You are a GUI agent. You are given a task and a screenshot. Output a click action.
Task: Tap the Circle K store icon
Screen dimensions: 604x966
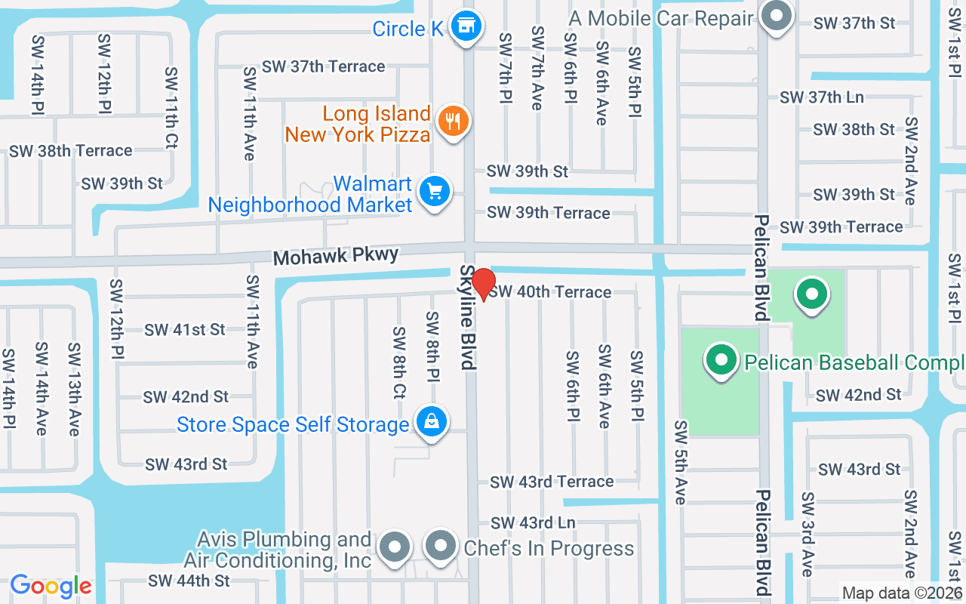467,26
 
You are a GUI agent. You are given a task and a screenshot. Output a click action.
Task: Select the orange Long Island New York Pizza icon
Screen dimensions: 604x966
453,121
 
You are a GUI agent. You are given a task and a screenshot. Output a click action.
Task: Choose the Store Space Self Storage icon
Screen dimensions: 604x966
430,422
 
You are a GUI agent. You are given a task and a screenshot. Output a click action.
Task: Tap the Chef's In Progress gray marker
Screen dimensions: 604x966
441,546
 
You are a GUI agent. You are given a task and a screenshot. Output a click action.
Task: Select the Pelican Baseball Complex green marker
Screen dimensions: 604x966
721,360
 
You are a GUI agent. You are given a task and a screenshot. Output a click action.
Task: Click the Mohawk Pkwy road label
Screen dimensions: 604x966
336,257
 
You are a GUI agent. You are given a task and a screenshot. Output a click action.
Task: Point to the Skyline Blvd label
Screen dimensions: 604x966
469,317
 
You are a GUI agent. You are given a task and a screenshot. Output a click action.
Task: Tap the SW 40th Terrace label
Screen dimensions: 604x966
550,292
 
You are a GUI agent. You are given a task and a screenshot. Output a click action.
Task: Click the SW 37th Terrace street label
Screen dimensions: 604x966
324,66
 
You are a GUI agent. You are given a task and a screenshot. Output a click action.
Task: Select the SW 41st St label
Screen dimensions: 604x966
185,330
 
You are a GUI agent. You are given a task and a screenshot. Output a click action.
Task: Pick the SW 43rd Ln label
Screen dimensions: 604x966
533,522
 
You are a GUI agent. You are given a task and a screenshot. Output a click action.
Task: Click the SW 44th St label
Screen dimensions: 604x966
189,581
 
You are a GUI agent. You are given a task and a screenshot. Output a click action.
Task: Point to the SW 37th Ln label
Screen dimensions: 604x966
822,97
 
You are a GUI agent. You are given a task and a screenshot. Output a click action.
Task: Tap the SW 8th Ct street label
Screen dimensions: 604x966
399,362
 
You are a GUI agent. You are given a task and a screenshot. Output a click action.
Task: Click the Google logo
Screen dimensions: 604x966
51,586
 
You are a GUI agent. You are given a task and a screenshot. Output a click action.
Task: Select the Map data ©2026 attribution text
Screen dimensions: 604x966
902,593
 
